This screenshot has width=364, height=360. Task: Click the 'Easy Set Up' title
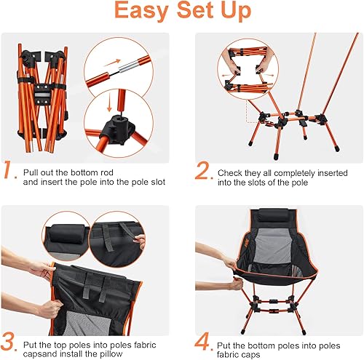click(x=182, y=13)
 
